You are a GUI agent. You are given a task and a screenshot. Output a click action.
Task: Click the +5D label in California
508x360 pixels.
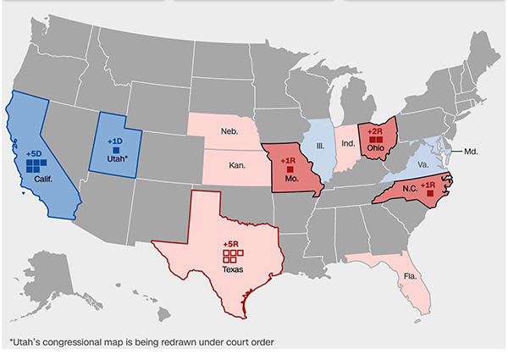pos(35,152)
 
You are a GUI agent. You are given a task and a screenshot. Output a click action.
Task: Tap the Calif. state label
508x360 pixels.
pos(45,180)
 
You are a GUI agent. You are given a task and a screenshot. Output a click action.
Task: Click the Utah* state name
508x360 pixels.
pos(117,159)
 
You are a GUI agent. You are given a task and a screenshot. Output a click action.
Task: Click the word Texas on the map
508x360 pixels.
pos(232,269)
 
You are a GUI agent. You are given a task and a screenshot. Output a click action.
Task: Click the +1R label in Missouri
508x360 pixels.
pos(289,159)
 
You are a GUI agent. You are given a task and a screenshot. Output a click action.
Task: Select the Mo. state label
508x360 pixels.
pos(292,180)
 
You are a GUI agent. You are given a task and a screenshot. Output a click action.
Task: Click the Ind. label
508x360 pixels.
pos(348,145)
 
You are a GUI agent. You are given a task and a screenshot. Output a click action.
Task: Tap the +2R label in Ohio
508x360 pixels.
pos(375,132)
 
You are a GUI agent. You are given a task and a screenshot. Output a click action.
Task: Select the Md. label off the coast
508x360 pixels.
pos(472,152)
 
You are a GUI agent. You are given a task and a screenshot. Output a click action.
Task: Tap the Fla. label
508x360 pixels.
pos(410,276)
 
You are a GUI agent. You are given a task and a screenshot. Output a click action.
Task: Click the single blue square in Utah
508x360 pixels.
pos(115,149)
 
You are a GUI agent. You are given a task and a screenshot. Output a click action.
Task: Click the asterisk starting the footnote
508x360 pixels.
pos(11,343)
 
